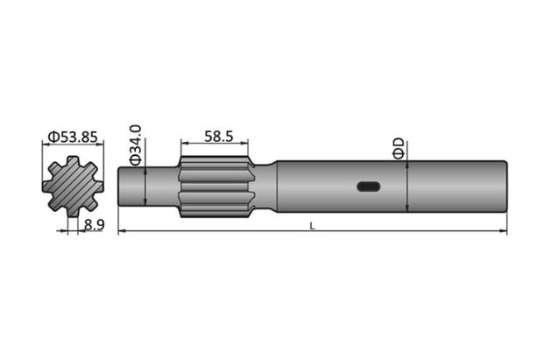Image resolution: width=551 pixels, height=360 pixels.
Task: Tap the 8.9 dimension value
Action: click(95, 225)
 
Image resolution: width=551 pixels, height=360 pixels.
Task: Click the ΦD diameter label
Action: click(398, 147)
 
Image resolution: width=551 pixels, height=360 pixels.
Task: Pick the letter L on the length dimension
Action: click(313, 225)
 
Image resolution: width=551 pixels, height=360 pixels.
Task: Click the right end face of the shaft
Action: click(505, 186)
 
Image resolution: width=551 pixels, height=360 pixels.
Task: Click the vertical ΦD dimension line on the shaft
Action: click(408, 186)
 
